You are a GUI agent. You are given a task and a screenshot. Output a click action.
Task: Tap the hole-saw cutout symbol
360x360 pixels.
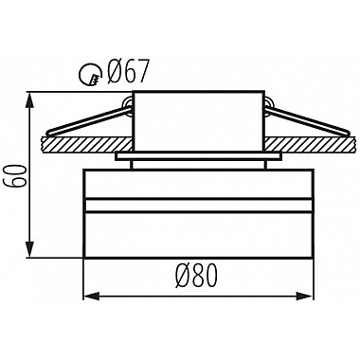point(90,74)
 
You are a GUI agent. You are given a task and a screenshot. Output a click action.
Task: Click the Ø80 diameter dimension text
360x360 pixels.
point(198,275)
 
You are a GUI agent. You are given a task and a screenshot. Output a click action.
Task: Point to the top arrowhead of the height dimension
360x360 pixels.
point(29,100)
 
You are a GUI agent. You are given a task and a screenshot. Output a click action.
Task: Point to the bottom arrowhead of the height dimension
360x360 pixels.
point(29,249)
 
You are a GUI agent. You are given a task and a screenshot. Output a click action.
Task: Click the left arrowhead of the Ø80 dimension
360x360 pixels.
point(91,296)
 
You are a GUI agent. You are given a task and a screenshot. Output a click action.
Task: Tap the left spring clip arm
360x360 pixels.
point(89,121)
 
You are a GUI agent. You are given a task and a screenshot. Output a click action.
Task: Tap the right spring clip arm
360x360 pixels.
point(307,121)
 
